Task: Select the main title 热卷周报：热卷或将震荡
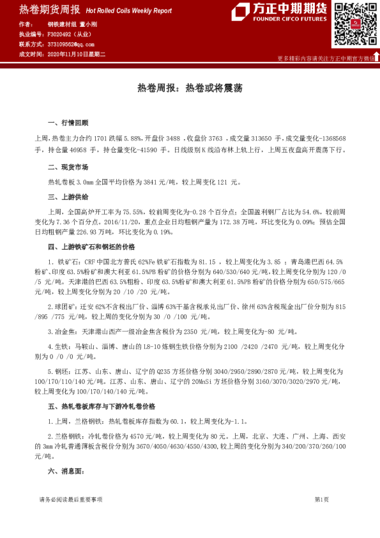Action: pos(190,88)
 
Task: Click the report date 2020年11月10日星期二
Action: pos(76,54)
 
